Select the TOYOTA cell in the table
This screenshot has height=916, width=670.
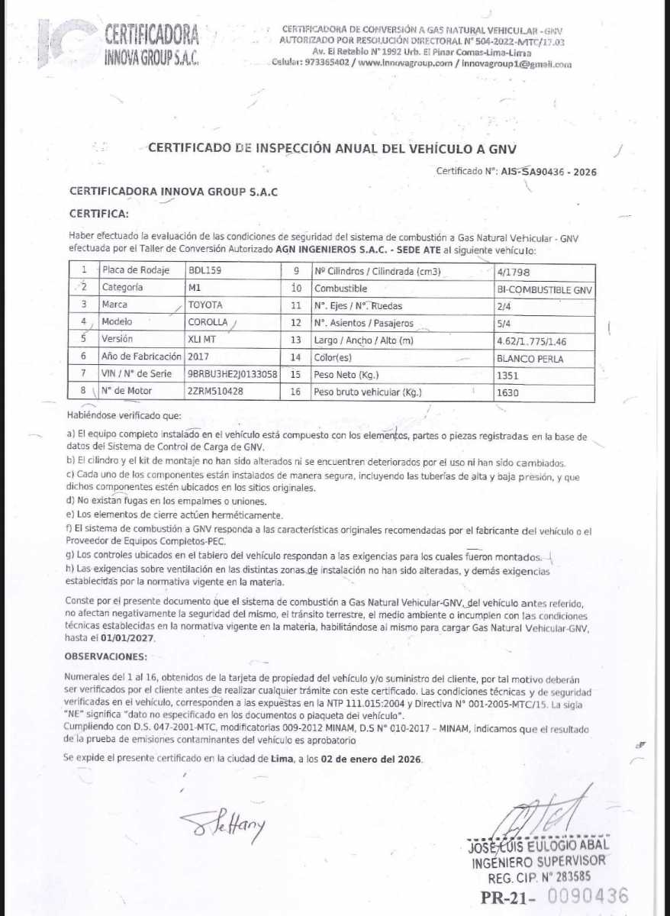(x=206, y=305)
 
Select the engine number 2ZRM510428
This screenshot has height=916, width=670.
(x=215, y=392)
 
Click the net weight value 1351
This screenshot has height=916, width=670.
(x=507, y=376)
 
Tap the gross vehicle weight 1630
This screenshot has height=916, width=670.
(x=507, y=393)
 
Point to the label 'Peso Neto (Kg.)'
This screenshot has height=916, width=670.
(x=346, y=375)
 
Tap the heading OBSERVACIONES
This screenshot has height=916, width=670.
(x=105, y=656)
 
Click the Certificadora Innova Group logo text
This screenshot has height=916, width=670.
(x=151, y=44)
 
